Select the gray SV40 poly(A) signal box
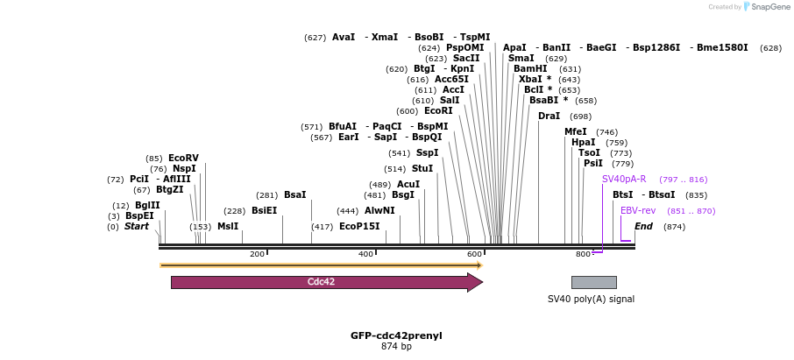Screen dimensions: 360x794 [593, 282]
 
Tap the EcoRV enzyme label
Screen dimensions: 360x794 [183, 159]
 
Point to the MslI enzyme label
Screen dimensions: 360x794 [228, 226]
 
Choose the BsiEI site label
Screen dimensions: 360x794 [264, 210]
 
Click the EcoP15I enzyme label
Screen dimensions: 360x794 [359, 226]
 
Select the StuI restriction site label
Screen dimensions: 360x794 [422, 168]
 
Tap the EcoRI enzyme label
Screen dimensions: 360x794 [438, 111]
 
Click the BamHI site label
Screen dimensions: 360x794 [530, 68]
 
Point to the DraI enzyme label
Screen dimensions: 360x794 [549, 116]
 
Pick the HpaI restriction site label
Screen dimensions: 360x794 [583, 142]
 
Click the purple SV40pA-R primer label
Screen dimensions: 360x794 [624, 179]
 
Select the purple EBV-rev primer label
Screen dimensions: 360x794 [637, 210]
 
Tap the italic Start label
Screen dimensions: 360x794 [137, 226]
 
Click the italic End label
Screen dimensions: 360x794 [643, 226]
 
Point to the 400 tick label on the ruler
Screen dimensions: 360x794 [366, 254]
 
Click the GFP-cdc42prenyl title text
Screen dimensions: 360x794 [396, 335]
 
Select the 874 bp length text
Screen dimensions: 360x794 [396, 346]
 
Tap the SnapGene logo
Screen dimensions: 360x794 [762, 7]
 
